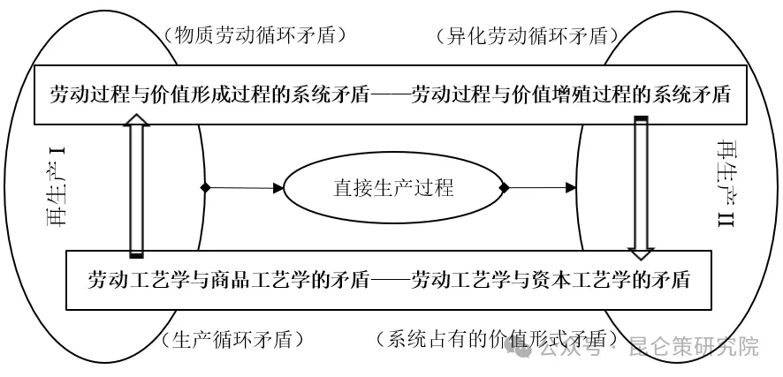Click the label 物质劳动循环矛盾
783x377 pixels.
tap(253, 35)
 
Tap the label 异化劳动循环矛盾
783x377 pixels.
tap(527, 36)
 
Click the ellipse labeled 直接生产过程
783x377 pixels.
tap(392, 187)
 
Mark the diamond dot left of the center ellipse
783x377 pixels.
tap(205, 187)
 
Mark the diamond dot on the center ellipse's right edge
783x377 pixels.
tap(505, 187)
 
